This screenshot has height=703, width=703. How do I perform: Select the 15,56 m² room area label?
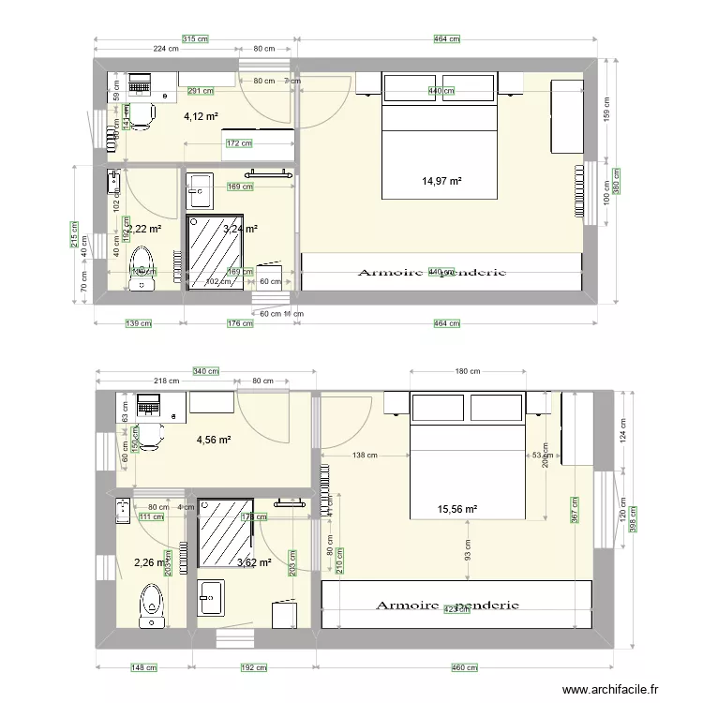[457, 509]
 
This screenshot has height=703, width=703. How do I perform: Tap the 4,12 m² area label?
[200, 116]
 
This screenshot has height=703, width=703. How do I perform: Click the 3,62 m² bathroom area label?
[254, 562]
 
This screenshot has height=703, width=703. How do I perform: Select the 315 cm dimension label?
[194, 38]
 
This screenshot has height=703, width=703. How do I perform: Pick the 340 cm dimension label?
[206, 371]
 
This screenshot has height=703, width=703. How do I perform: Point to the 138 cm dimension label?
[365, 456]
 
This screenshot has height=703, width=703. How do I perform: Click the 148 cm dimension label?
[142, 668]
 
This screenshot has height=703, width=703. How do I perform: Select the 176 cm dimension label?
[242, 324]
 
